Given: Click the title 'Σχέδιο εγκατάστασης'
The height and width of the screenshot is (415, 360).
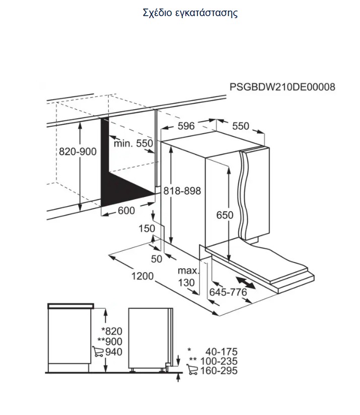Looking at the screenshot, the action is [190, 13].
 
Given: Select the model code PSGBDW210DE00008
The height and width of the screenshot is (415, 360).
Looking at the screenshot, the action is [282, 87].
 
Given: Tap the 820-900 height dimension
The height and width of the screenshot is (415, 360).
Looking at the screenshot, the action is [78, 151].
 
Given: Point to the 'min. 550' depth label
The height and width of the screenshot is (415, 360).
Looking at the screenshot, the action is [133, 143].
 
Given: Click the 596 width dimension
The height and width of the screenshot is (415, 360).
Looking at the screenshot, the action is [186, 126].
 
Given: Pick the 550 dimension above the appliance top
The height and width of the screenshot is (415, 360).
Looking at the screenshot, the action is [241, 126].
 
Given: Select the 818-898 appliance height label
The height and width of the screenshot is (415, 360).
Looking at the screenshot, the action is [182, 191].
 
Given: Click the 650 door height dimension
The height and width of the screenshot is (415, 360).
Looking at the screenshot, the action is [225, 215].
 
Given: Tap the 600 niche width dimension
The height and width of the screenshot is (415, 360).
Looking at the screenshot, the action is [126, 211].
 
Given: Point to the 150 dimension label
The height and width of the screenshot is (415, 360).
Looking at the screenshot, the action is [147, 228].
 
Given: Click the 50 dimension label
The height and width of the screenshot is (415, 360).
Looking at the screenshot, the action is [156, 259].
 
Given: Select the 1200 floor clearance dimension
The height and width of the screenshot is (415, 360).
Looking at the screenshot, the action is [142, 276].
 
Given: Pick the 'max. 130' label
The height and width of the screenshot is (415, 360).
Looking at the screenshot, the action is [187, 277].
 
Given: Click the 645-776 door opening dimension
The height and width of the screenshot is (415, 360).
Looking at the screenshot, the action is [228, 292].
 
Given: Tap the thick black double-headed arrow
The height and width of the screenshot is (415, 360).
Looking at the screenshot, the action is [246, 283].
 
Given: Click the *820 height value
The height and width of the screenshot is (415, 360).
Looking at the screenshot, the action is [112, 331].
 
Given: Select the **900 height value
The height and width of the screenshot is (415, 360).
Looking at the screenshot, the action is [110, 342].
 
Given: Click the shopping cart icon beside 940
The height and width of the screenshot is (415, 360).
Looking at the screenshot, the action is [98, 352].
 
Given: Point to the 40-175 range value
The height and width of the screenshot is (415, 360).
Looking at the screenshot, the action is [222, 352].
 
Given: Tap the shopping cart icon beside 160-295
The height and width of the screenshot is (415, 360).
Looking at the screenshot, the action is [192, 370].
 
